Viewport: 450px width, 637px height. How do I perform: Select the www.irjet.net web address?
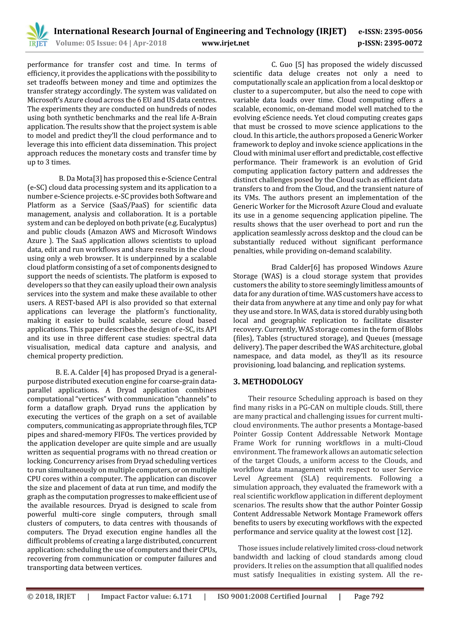coord(225,43)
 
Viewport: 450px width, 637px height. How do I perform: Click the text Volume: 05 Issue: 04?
coord(91,43)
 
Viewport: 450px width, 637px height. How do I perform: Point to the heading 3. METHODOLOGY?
coord(268,382)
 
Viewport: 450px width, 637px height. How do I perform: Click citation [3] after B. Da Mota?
coord(98,179)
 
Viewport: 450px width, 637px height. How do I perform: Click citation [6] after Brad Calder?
coord(315,267)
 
